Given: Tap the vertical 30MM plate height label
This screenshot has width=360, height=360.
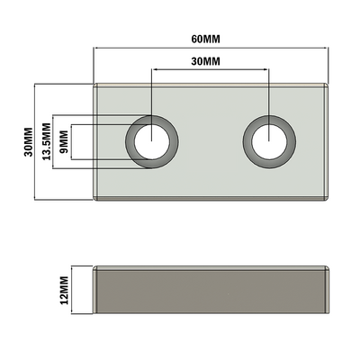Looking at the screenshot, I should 26,141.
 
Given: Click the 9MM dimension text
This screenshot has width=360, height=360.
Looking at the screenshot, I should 63,141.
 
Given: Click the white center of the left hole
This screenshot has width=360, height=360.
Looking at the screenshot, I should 151,141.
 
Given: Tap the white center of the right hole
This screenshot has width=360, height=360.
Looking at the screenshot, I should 268,141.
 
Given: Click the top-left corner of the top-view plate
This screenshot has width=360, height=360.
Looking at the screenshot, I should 95,85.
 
